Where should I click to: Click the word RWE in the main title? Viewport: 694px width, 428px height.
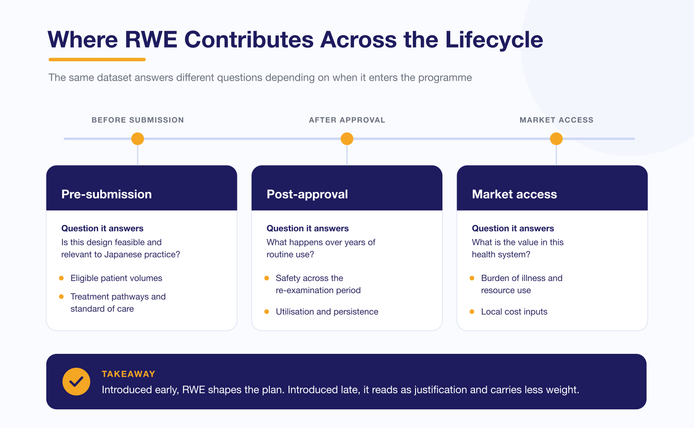click(151, 39)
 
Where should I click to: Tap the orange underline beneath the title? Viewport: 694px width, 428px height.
click(97, 59)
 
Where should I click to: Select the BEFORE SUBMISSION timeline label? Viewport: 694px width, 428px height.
click(138, 120)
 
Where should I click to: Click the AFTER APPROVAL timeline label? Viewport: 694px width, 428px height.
click(347, 120)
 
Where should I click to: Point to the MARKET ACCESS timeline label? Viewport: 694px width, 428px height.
click(557, 120)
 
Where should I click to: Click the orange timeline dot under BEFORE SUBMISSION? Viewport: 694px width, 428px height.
click(137, 139)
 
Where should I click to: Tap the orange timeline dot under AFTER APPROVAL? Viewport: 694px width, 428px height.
click(347, 139)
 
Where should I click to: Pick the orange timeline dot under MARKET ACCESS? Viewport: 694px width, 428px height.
click(557, 139)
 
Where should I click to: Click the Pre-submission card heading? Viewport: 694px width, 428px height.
click(107, 194)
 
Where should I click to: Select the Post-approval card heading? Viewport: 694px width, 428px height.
click(308, 194)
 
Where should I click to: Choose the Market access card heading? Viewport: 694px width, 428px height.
click(514, 194)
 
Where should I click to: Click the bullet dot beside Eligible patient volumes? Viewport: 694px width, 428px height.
click(61, 278)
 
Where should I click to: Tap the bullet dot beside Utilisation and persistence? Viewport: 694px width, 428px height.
click(266, 311)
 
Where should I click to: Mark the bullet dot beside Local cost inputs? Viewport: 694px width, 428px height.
click(472, 311)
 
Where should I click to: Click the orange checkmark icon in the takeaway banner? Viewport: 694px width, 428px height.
click(76, 382)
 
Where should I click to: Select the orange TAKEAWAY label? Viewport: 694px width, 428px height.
click(128, 374)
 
